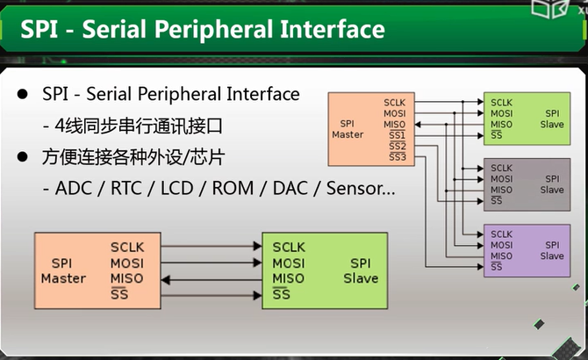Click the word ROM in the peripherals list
233,188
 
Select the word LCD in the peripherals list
176,188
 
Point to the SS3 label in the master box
398,157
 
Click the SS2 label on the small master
398,146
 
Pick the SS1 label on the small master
398,135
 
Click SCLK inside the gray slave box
501,168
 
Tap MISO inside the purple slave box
501,256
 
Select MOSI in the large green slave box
289,263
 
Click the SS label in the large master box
119,294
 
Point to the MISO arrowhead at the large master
166,280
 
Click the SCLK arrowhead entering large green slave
257,247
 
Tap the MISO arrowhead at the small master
418,125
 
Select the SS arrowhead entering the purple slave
480,267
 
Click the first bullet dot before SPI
23,94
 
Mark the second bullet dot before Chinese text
23,157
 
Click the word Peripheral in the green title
214,30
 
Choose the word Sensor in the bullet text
355,188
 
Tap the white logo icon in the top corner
549,9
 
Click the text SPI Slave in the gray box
552,184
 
